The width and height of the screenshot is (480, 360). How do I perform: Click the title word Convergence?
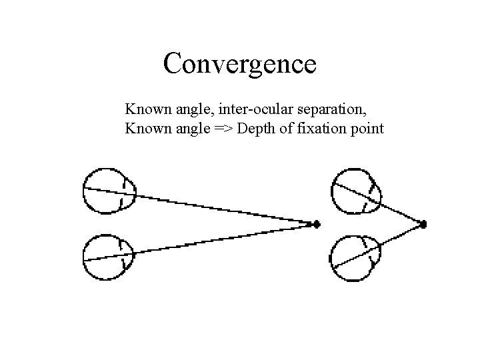tap(239, 65)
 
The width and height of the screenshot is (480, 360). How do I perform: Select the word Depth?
tap(255, 128)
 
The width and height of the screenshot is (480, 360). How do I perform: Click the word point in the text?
tap(366, 128)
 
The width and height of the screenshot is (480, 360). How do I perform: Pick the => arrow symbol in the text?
tap(223, 128)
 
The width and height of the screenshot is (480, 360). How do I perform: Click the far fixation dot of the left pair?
tap(317, 223)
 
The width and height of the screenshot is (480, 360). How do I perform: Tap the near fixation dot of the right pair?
tap(423, 224)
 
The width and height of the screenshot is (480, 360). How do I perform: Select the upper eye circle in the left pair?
tap(107, 191)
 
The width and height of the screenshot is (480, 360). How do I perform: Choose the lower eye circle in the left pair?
tap(107, 257)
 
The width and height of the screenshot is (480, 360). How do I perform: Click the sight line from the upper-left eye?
tap(220, 208)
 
